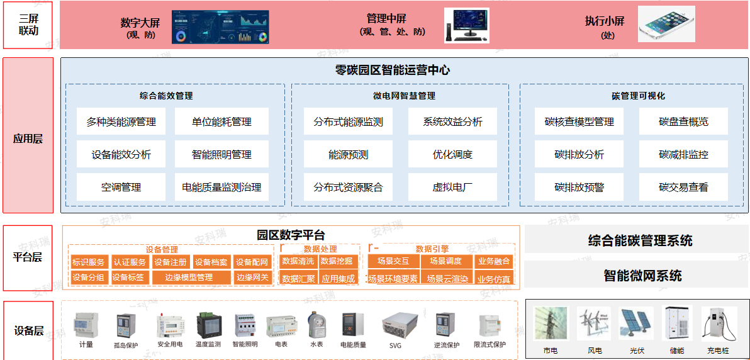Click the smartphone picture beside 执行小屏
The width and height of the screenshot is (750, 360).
pyautogui.click(x=666, y=24)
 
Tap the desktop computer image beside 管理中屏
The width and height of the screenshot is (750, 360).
pyautogui.click(x=466, y=25)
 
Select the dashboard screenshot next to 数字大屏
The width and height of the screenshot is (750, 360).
pyautogui.click(x=220, y=26)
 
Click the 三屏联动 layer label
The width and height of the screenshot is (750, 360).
pyautogui.click(x=28, y=25)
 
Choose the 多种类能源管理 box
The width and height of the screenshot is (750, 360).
pyautogui.click(x=121, y=121)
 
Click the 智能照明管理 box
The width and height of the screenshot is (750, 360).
pyautogui.click(x=221, y=154)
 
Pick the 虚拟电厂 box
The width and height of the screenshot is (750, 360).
pyautogui.click(x=452, y=187)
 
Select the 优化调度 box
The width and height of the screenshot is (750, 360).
pyautogui.click(x=452, y=154)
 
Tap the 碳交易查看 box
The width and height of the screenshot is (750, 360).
pyautogui.click(x=683, y=187)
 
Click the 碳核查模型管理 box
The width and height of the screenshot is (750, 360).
pyautogui.click(x=579, y=121)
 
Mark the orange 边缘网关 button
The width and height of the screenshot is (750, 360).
pyautogui.click(x=252, y=277)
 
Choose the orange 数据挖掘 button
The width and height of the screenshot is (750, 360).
pyautogui.click(x=337, y=261)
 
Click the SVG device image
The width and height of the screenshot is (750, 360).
pyautogui.click(x=395, y=326)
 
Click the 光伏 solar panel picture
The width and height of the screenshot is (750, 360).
pyautogui.click(x=636, y=324)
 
